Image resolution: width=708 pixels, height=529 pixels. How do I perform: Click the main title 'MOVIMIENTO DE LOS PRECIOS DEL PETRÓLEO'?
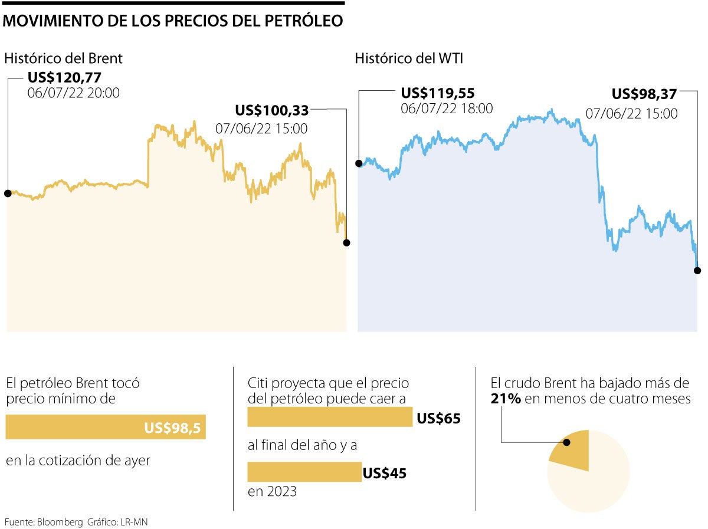coord(173,21)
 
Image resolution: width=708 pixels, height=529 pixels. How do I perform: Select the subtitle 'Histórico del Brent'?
coord(63,58)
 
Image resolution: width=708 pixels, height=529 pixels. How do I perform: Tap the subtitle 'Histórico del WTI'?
coord(408,58)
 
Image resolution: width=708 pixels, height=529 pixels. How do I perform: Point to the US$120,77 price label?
coord(64,77)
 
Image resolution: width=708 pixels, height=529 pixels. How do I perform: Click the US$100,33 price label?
coord(271,110)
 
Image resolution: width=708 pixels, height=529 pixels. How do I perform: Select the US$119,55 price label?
coord(438,93)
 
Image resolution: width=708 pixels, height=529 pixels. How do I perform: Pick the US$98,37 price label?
coord(644,94)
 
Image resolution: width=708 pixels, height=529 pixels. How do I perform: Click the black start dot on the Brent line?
coord(7,193)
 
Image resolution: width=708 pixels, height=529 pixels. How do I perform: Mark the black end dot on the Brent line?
coord(346,242)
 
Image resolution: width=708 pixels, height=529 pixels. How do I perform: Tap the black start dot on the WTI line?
coord(358,163)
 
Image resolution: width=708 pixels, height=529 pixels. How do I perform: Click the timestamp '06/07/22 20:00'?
coord(73,93)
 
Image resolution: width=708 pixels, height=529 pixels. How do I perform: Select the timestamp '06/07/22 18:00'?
coord(447,109)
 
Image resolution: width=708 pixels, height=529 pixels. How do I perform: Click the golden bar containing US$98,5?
coord(106,427)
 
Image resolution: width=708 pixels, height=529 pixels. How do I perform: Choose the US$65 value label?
coord(438,419)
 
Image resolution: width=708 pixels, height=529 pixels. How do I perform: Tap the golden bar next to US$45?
coord(304,472)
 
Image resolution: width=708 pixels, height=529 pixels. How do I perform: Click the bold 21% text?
coord(506,399)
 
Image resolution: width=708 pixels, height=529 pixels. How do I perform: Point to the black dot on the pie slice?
coord(567,442)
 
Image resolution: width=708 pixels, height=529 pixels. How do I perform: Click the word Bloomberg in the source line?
coord(61,522)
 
